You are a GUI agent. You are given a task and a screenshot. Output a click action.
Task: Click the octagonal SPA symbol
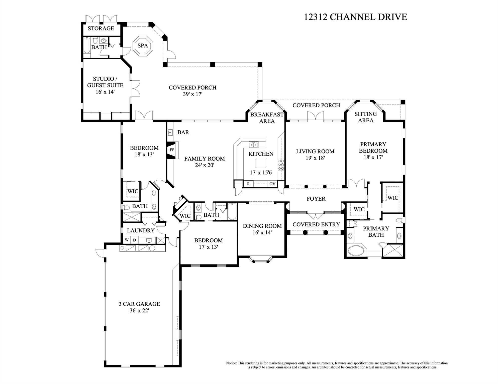[x=143, y=46]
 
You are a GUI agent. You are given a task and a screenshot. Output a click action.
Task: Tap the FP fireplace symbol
[x=172, y=150]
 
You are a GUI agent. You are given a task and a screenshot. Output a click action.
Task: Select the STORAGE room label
[x=101, y=28]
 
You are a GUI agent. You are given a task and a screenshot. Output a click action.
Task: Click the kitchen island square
[x=260, y=163]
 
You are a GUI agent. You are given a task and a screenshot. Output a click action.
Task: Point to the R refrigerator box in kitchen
[x=248, y=184]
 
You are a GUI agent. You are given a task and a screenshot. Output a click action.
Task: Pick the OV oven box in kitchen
[x=272, y=184]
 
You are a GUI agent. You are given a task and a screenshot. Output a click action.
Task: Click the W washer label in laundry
[x=127, y=240]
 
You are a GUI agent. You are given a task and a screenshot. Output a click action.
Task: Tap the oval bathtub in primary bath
[x=356, y=250]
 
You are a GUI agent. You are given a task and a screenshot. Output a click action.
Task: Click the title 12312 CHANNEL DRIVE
[x=355, y=17]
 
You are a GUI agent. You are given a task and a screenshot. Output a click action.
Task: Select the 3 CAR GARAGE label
[x=139, y=304]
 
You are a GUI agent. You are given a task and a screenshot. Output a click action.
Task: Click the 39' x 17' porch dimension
[x=192, y=94]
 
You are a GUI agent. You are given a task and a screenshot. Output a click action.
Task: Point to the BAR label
[x=183, y=132]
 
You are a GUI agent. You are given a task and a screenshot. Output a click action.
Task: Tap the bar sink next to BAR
[x=170, y=132]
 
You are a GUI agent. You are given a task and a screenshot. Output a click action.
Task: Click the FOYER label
[x=316, y=199]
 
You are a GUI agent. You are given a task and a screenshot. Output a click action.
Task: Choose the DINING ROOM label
[x=262, y=226]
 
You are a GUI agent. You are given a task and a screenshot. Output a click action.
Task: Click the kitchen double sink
[x=253, y=145]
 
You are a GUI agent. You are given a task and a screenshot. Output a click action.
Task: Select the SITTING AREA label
[x=365, y=117]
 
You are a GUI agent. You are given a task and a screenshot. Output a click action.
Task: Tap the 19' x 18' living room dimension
[x=315, y=158]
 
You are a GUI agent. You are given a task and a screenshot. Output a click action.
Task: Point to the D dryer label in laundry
[x=134, y=240]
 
